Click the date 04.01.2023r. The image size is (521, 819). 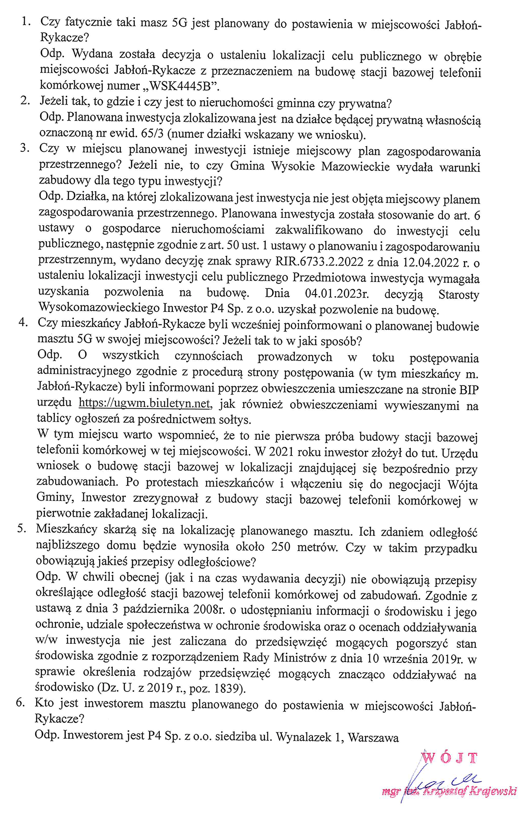[337, 294]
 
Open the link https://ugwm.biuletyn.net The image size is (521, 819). [145, 403]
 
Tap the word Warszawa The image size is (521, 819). [373, 737]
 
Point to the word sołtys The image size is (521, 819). [235, 419]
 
